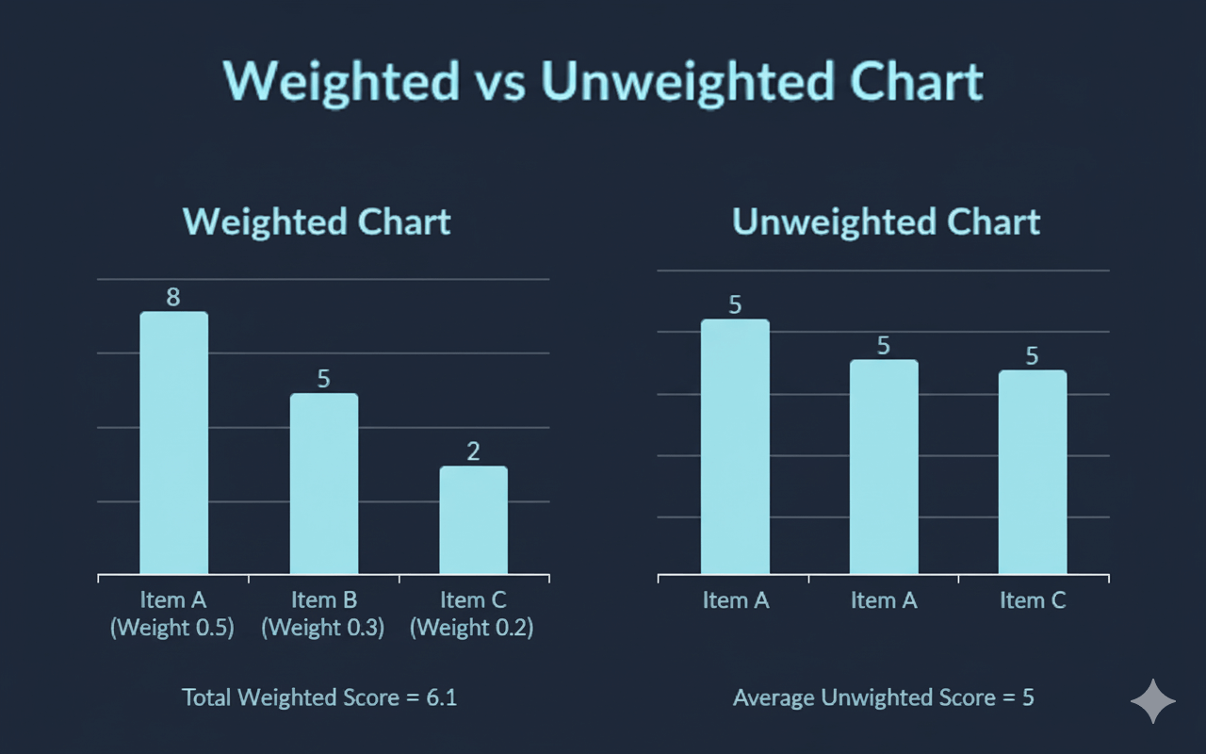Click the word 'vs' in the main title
click(x=498, y=82)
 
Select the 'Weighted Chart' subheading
click(x=317, y=222)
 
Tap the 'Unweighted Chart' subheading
click(x=886, y=222)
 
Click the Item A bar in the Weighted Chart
click(x=173, y=443)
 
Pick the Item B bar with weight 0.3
click(x=323, y=484)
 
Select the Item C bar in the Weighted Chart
click(x=473, y=519)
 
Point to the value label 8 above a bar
click(x=173, y=298)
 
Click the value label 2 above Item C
click(x=473, y=451)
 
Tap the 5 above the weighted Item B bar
click(x=323, y=379)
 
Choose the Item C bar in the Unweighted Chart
click(x=1033, y=471)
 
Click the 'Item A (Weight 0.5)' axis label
click(x=172, y=615)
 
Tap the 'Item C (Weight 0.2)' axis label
click(x=472, y=615)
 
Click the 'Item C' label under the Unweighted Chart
click(x=1033, y=600)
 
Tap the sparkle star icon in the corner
click(x=1153, y=701)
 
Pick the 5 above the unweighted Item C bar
click(x=1032, y=356)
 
